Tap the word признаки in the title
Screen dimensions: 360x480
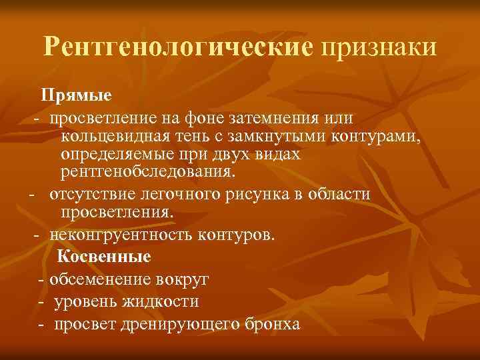tap(379, 47)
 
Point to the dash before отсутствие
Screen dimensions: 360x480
tap(31, 195)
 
